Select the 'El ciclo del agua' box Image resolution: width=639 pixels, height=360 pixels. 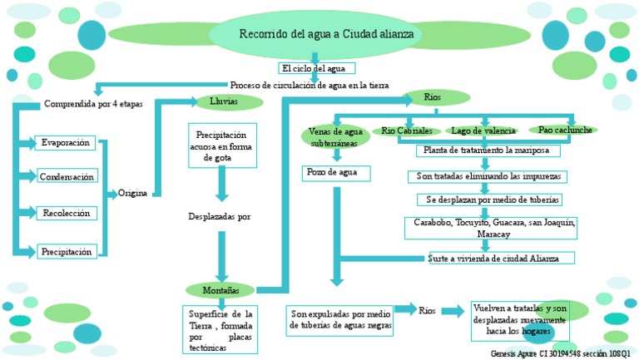(x=318, y=68)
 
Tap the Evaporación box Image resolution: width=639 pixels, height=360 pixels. (x=66, y=143)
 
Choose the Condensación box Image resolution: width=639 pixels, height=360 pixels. (x=67, y=176)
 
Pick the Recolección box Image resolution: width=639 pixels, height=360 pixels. (x=66, y=214)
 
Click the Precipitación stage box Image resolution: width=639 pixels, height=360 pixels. (x=67, y=251)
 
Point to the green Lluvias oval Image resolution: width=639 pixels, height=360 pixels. (x=219, y=101)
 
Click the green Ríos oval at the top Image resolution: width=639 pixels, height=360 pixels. (x=432, y=98)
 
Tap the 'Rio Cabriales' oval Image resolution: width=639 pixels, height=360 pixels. (x=407, y=131)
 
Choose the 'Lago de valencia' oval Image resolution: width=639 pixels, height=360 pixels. (x=483, y=131)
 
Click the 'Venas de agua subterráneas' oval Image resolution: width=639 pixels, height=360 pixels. (x=334, y=137)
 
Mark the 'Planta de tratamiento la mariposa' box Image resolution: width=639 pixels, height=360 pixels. (x=488, y=151)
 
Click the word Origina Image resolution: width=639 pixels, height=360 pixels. (x=132, y=193)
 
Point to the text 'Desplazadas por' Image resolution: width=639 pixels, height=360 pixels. (x=220, y=216)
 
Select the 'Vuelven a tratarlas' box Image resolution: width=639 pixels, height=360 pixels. (x=519, y=319)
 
